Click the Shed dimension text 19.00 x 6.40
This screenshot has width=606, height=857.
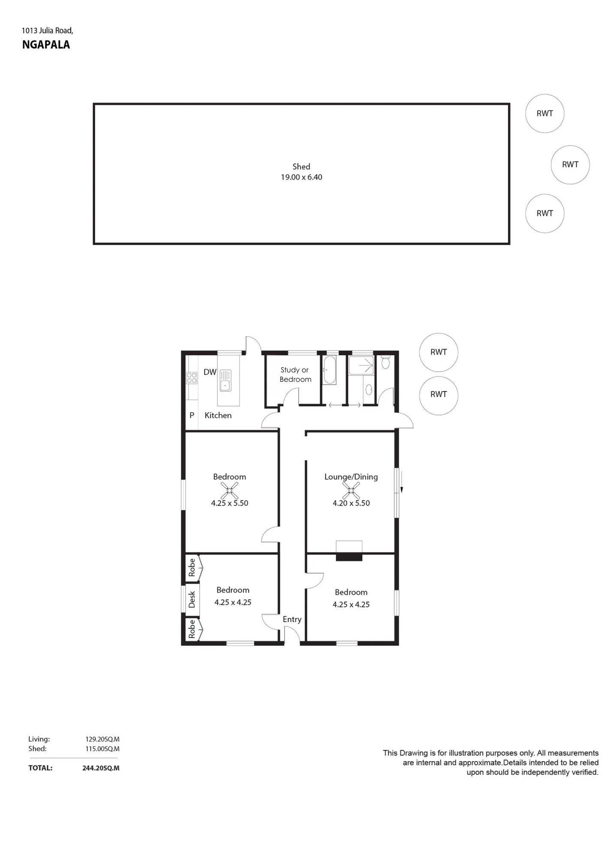pyautogui.click(x=301, y=177)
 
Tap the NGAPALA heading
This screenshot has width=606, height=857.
pyautogui.click(x=46, y=45)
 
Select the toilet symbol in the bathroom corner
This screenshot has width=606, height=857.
pyautogui.click(x=385, y=362)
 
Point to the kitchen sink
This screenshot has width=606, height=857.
pyautogui.click(x=225, y=380)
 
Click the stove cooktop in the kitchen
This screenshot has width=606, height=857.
pyautogui.click(x=192, y=378)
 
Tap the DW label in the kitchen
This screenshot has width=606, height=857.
pyautogui.click(x=210, y=372)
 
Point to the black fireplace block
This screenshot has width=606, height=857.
pyautogui.click(x=349, y=557)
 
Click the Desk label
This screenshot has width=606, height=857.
pyautogui.click(x=192, y=599)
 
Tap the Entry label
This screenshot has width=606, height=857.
pyautogui.click(x=292, y=619)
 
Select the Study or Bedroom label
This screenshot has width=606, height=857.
pyautogui.click(x=295, y=375)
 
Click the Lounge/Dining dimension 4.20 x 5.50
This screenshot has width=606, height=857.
pyautogui.click(x=351, y=503)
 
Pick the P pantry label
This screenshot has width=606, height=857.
pyautogui.click(x=192, y=415)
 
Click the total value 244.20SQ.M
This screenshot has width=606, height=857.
pyautogui.click(x=101, y=768)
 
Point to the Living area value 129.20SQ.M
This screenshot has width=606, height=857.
pyautogui.click(x=102, y=739)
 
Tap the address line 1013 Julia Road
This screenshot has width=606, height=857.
pyautogui.click(x=48, y=30)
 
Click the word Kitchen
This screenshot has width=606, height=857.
pyautogui.click(x=218, y=415)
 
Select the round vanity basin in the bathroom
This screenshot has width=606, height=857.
pyautogui.click(x=368, y=390)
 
